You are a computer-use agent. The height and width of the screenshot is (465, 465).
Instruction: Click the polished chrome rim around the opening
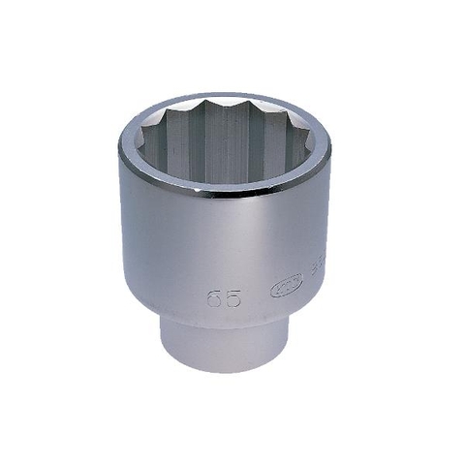coord(225,190)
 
